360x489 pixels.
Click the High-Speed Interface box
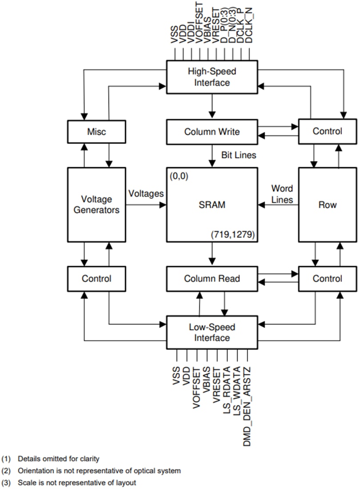coord(212,76)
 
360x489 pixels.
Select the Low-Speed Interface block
coord(212,333)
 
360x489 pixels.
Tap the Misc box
coord(96,131)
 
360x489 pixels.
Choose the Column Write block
coord(212,132)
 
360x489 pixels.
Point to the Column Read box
coord(212,279)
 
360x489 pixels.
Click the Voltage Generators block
coord(96,204)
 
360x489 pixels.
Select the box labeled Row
coord(328,205)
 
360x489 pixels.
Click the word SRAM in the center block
coord(212,205)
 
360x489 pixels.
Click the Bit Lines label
coord(239,155)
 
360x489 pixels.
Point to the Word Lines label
coord(282,194)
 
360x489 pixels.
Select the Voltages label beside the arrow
coord(146,194)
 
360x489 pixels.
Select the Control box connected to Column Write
coord(328,131)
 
